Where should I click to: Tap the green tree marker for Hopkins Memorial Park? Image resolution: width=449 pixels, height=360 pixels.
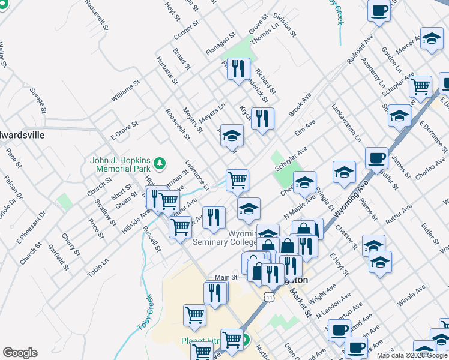click(159, 162)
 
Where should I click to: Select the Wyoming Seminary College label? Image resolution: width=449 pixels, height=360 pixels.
click(225, 237)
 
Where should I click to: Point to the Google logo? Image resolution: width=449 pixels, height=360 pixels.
click(20, 353)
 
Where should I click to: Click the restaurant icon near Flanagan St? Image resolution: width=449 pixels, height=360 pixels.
click(240, 68)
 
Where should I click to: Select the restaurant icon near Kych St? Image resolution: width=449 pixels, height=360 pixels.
click(263, 118)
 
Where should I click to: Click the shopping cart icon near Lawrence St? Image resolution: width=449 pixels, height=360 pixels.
click(238, 179)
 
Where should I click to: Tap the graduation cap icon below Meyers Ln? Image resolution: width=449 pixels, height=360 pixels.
click(232, 135)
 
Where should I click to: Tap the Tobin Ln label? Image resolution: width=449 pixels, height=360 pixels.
click(97, 264)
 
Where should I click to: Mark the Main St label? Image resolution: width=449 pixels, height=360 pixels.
click(227, 277)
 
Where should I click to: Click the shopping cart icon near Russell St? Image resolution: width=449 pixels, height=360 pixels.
click(180, 226)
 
